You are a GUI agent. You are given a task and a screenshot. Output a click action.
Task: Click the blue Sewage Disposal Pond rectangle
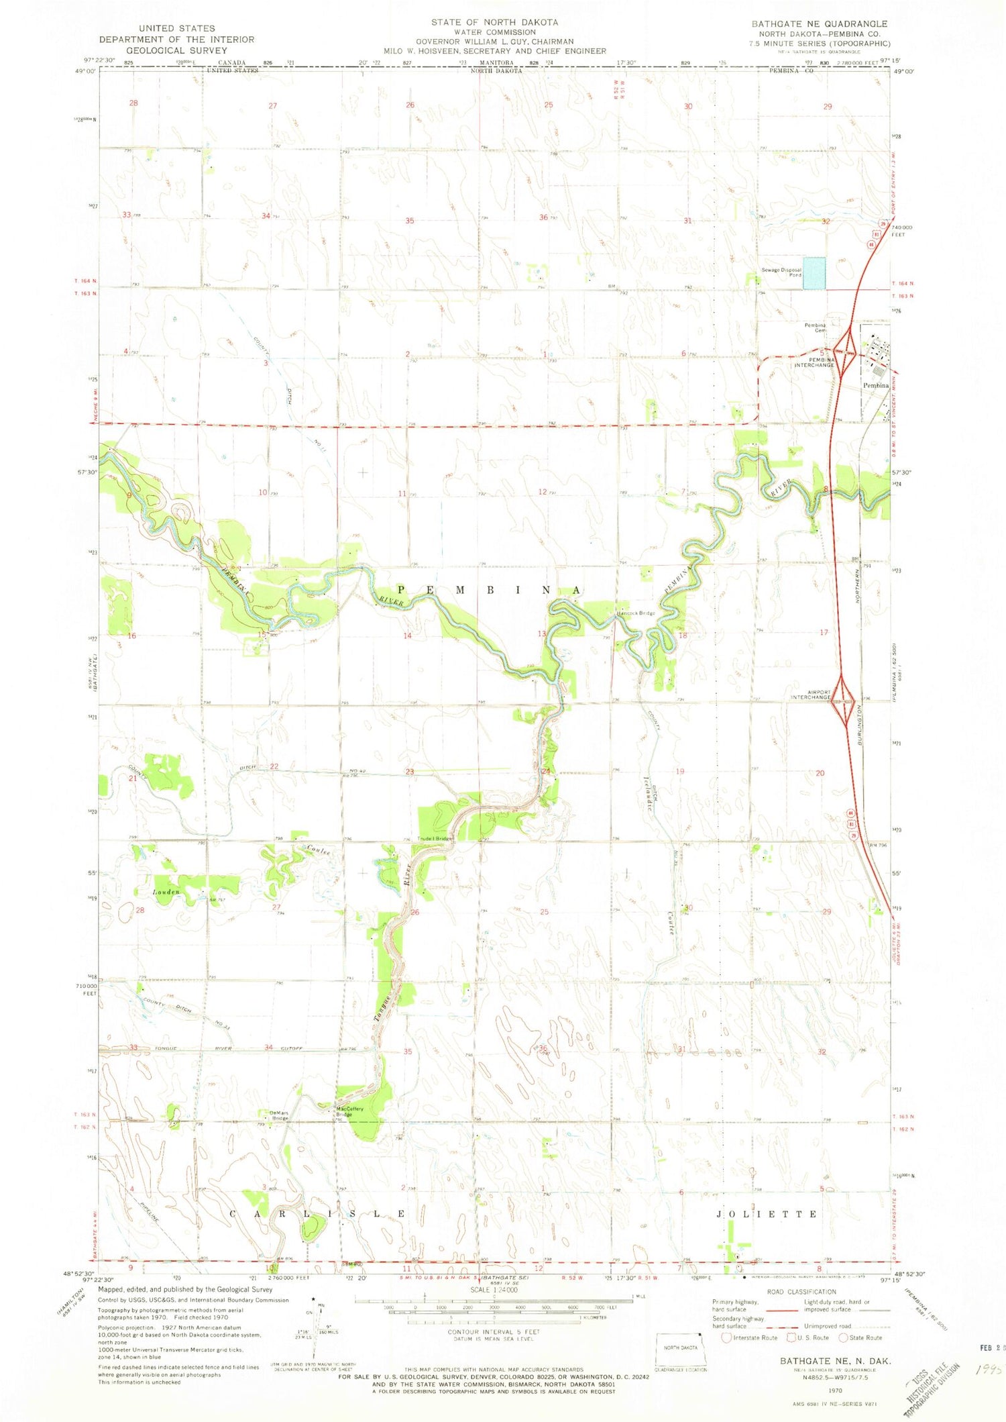[x=814, y=273]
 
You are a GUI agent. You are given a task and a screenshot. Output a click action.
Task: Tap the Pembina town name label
[x=875, y=386]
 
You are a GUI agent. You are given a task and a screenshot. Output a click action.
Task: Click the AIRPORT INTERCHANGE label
[x=811, y=695]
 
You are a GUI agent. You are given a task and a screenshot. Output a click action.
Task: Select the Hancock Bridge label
[x=636, y=613]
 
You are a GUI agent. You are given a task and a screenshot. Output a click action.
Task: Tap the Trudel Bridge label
[x=435, y=839]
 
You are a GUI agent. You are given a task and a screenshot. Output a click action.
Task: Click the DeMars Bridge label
[x=279, y=1116]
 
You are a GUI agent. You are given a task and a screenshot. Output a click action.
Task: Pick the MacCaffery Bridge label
[x=349, y=1111]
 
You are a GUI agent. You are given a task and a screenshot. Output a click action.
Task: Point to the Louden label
[x=166, y=893]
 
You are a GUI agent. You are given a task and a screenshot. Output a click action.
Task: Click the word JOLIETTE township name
[x=767, y=1215]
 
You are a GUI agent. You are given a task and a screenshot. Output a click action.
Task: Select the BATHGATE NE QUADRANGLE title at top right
[x=819, y=23]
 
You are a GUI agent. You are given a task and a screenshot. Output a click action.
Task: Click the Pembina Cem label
[x=815, y=328]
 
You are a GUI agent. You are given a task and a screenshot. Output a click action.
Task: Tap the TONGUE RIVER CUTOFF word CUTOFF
[x=292, y=1048]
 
